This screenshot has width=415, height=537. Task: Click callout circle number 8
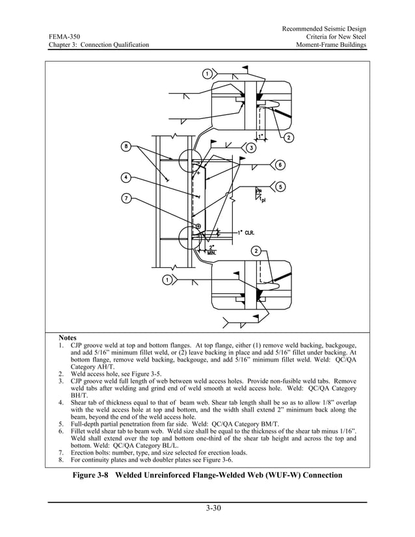(126, 146)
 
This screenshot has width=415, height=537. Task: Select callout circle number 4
(126, 177)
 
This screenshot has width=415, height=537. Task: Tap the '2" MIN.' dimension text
(213, 249)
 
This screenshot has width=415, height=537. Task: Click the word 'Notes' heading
(68, 338)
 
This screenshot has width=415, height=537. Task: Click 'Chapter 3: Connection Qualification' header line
(98, 45)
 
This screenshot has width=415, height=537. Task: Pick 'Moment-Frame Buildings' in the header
(331, 45)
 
